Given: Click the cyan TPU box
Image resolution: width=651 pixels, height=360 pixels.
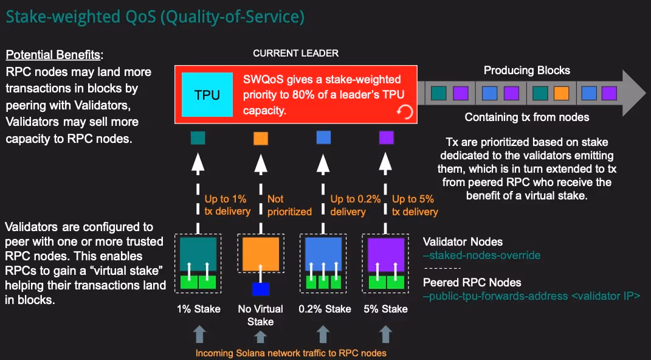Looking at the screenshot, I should coord(207,94).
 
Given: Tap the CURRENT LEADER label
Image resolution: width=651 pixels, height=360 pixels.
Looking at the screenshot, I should coord(295,54).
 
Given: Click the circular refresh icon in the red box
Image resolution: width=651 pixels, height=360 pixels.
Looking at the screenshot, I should coord(404,111).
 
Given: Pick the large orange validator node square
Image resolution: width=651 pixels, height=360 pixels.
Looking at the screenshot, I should coord(260,254).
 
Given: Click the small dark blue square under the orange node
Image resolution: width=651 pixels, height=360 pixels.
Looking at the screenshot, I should coord(260,289).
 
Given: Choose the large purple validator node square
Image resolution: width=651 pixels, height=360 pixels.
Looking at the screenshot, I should coord(386,254).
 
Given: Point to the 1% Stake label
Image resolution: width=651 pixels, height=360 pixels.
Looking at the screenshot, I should coord(195,309).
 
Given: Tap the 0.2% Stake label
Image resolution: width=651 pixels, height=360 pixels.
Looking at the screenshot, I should coord(325,309).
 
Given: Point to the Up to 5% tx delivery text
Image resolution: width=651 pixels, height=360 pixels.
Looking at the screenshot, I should coord(415,205).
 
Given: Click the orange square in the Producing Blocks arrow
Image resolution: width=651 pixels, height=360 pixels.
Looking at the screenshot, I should coord(561,93).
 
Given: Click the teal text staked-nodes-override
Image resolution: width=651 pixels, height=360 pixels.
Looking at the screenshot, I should coord(481,255).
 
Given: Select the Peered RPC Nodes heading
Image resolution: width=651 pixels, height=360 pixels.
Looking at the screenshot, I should coord(472,282).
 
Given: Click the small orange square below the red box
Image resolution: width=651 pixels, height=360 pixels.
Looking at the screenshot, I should coord(261,139).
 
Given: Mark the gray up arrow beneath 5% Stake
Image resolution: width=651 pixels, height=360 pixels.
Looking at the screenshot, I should coord(386,334).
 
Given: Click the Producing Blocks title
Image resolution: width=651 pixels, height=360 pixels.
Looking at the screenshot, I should coord(527,71).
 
